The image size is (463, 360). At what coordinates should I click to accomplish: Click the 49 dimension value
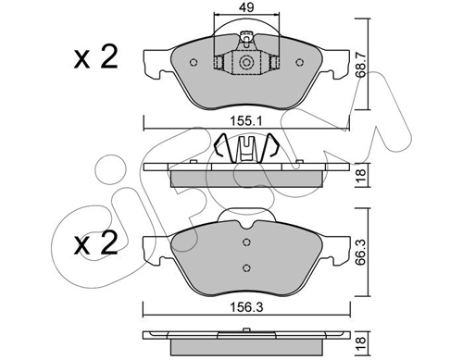[x=246, y=7]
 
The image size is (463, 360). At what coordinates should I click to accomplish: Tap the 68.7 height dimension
[x=361, y=64]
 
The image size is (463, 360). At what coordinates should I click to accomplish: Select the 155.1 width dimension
[x=246, y=121]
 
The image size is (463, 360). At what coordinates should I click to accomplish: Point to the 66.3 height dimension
[x=361, y=253]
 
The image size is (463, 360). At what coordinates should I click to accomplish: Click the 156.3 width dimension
[x=246, y=307]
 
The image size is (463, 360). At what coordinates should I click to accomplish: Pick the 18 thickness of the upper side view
[x=361, y=175]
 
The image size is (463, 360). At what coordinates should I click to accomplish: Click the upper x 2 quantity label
[x=96, y=57]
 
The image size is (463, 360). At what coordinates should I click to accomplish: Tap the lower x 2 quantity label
[x=96, y=243]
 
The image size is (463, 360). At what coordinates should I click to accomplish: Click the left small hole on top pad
[x=194, y=63]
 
